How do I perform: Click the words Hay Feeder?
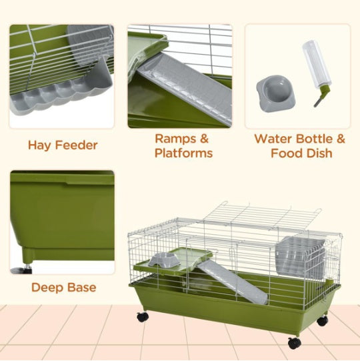click(63, 145)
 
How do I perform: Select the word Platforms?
click(183, 153)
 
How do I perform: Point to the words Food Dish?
click(301, 153)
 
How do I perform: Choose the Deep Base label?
click(63, 288)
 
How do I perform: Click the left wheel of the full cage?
click(142, 317)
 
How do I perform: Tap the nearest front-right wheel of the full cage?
click(294, 342)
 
